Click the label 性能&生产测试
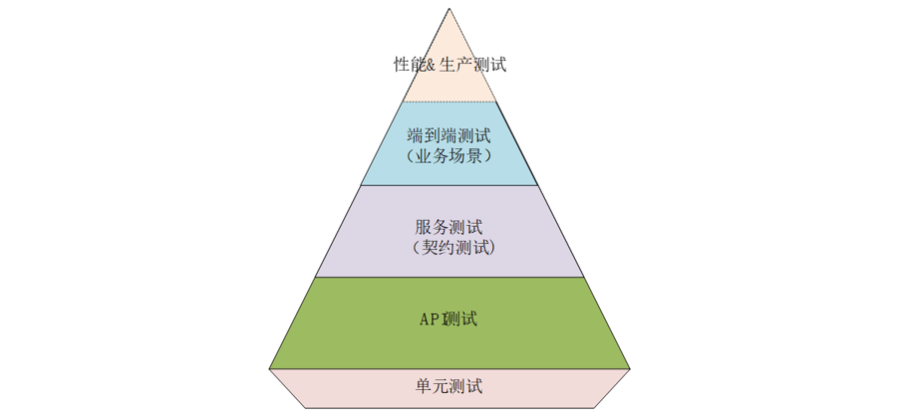coord(451,66)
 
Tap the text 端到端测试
coord(450,134)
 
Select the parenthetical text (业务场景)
coord(450,156)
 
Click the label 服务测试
coord(450,226)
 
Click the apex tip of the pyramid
coord(450,9)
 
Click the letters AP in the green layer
coord(429,319)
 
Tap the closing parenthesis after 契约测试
coord(491,248)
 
